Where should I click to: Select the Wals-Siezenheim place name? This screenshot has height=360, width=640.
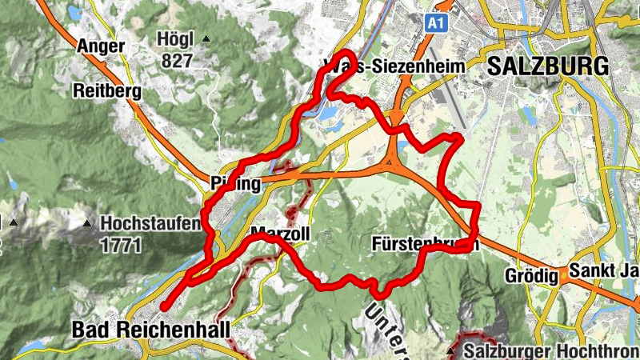click(394, 68)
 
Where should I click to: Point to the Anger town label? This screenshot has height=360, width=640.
click(101, 46)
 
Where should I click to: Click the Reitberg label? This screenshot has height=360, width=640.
click(106, 90)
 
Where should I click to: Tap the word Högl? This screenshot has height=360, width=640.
click(177, 40)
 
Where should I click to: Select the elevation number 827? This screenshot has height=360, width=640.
click(176, 61)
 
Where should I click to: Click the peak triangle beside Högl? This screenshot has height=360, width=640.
click(206, 39)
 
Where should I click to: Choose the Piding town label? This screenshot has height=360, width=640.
click(236, 185)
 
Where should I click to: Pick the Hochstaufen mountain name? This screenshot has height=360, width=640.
click(150, 225)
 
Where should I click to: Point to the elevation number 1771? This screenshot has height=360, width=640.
click(122, 245)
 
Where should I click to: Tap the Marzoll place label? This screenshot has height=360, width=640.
click(279, 234)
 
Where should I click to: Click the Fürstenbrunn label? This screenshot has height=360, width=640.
click(425, 243)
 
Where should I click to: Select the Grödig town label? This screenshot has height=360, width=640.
click(530, 276)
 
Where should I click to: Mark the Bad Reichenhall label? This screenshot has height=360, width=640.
click(150, 329)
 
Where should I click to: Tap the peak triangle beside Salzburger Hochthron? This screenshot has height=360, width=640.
click(452, 350)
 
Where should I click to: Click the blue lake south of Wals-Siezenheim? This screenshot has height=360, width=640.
click(329, 118)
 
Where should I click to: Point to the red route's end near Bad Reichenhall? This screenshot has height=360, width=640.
click(163, 306)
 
